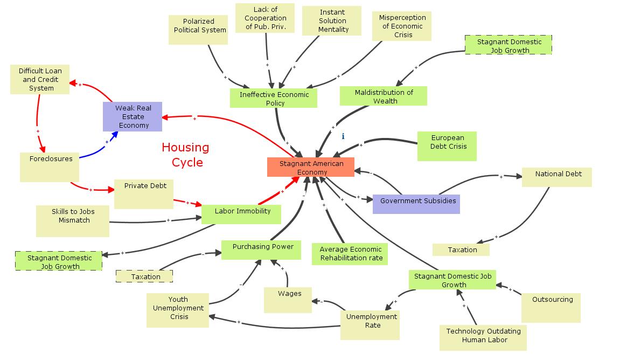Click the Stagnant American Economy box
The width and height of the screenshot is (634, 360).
coord(311,167)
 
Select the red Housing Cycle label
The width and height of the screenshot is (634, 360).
coord(185,154)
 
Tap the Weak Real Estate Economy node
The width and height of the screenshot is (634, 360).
coord(133,116)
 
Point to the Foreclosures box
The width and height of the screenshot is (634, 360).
coord(50,167)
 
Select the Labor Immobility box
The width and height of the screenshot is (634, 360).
coord(241,214)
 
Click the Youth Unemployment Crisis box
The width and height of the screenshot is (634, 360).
coord(178,310)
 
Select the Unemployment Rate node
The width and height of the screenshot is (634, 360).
coord(370,324)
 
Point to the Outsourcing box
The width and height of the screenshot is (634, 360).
coord(551,308)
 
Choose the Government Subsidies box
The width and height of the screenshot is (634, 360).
coord(416,204)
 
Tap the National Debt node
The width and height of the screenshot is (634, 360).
coord(556,177)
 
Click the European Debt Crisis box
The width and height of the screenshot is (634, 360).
coord(447,146)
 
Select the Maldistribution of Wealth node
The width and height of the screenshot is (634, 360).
coord(384,96)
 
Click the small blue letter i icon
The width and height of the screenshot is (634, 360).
coord(343,137)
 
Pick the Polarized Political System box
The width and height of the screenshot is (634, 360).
coord(199,30)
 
